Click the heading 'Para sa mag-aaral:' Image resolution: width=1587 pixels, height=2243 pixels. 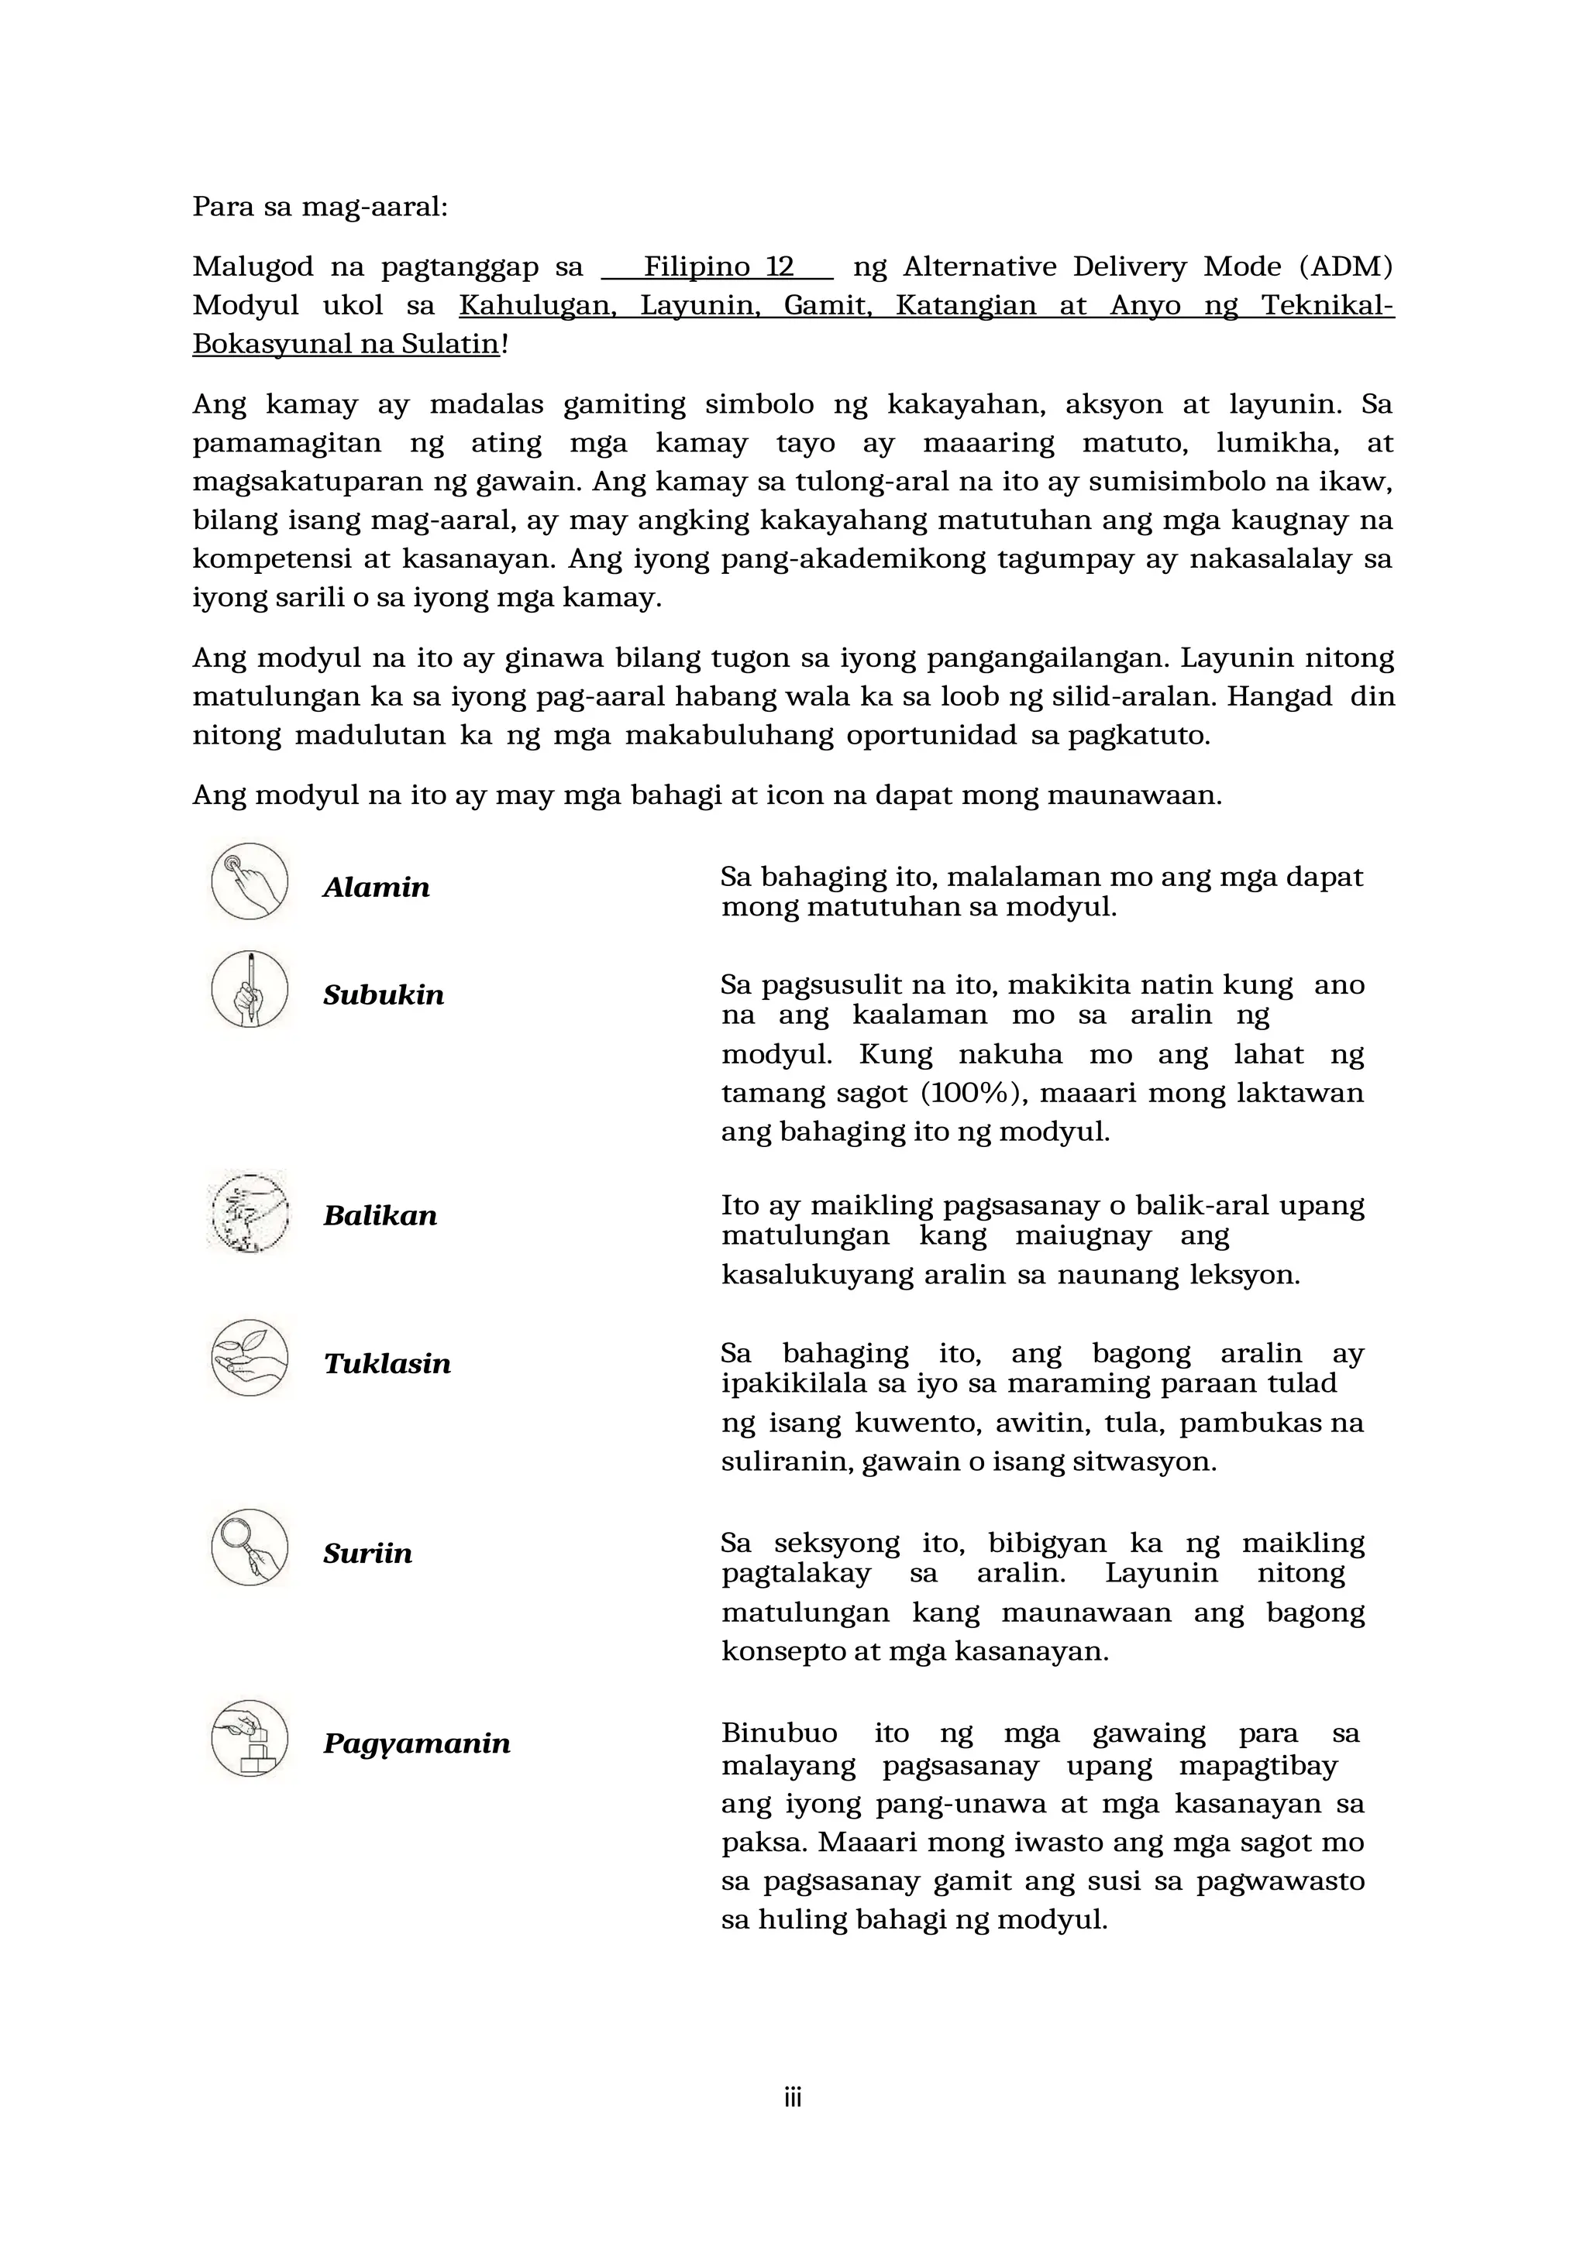319,207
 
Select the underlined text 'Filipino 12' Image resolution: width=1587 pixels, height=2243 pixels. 718,266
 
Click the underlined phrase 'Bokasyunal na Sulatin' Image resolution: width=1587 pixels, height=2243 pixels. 346,344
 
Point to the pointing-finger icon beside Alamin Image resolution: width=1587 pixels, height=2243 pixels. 250,881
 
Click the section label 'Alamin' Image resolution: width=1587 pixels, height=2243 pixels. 377,887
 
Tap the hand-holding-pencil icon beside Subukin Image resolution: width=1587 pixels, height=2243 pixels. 250,988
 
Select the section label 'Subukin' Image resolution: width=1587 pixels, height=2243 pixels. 383,994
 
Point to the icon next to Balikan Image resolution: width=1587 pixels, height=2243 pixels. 250,1211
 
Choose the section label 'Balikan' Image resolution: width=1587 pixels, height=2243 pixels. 380,1215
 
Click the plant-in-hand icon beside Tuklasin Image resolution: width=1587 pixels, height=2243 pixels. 250,1358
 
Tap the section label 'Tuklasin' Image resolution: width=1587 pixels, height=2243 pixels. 387,1364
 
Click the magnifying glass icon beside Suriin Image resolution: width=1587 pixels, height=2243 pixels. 250,1547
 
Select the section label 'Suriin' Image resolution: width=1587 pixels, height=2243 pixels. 367,1554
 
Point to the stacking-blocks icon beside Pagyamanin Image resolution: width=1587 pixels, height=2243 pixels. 250,1738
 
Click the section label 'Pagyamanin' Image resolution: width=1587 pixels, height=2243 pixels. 416,1743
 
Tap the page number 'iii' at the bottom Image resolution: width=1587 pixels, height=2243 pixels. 793,2098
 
